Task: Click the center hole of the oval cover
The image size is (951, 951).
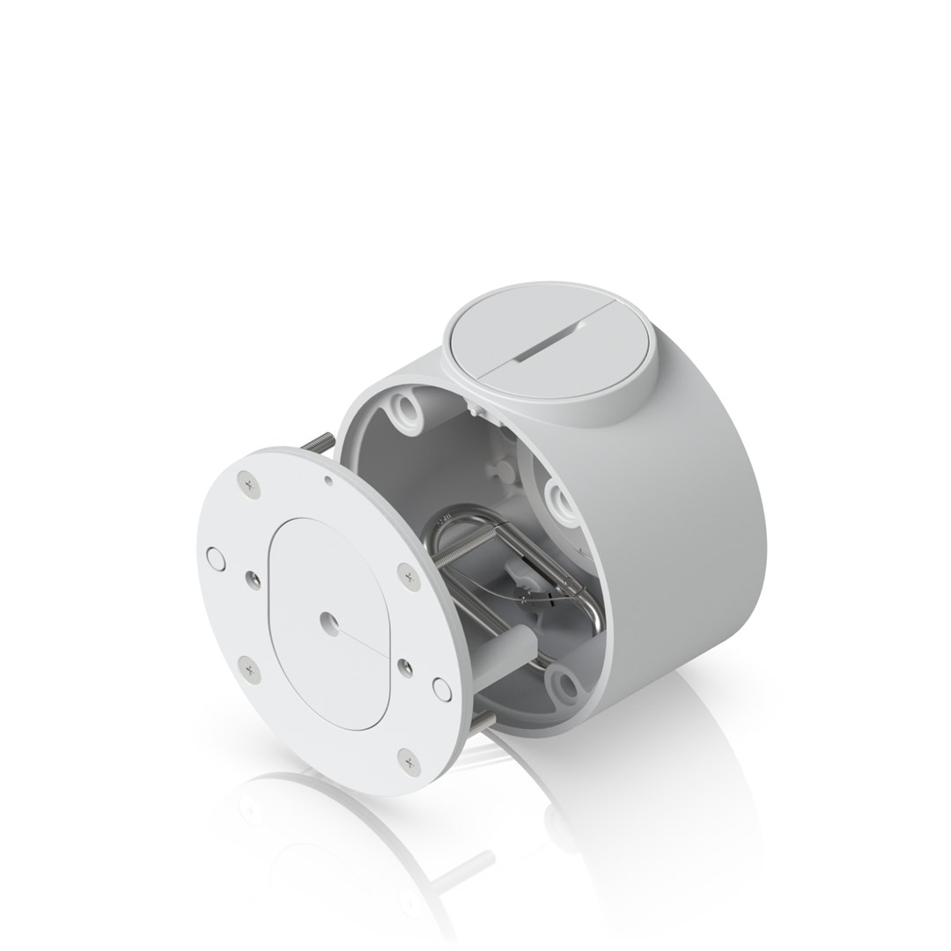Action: pyautogui.click(x=327, y=619)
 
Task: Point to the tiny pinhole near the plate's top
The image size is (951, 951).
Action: pyautogui.click(x=328, y=480)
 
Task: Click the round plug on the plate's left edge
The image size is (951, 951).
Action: pyautogui.click(x=212, y=557)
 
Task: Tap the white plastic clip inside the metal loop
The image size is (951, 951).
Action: pyautogui.click(x=523, y=582)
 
